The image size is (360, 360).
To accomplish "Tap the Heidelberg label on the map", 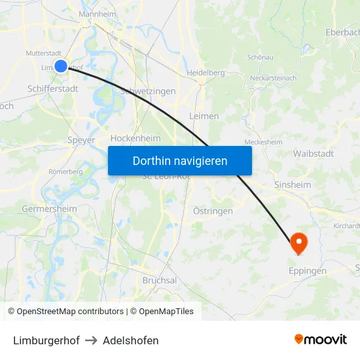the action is click(206, 73).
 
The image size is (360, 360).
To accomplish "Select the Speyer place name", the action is click(81, 139).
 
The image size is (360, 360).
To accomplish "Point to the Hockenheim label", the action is click(135, 138).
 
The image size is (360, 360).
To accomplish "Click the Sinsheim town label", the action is click(293, 185).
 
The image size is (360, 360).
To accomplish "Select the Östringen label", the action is click(213, 211).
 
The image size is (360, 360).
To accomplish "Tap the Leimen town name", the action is click(204, 116).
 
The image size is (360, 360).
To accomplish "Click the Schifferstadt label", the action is click(52, 88).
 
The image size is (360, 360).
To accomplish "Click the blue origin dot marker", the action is click(61, 65).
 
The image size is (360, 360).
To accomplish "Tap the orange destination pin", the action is click(298, 243).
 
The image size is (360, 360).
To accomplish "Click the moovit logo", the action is click(321, 339).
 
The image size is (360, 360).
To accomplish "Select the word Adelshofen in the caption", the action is click(131, 340).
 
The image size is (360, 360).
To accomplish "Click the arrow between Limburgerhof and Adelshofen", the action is click(91, 340).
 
